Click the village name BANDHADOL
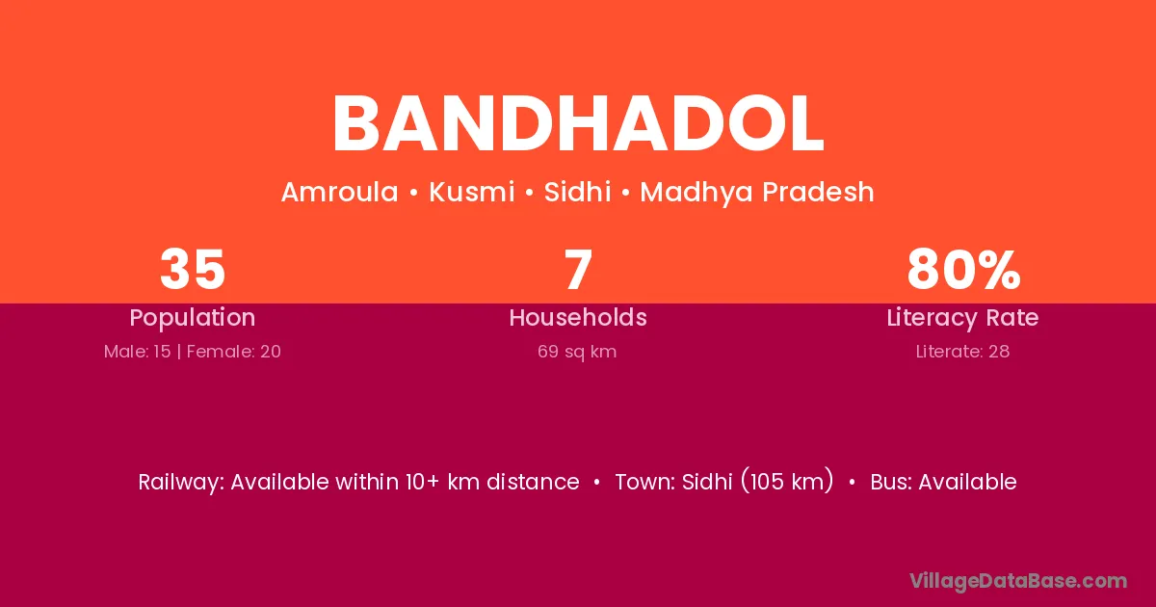(578, 124)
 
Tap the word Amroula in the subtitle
(339, 192)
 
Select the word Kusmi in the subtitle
(472, 192)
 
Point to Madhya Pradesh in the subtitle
(757, 193)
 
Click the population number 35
(193, 270)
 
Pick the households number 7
(578, 270)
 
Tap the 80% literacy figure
(963, 270)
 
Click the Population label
(193, 318)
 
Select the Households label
(578, 317)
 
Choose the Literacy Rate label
(963, 318)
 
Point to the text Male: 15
(137, 352)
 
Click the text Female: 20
(234, 352)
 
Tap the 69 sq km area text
(577, 352)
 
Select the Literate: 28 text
(963, 352)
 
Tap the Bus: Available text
(943, 482)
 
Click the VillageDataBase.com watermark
(1018, 581)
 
